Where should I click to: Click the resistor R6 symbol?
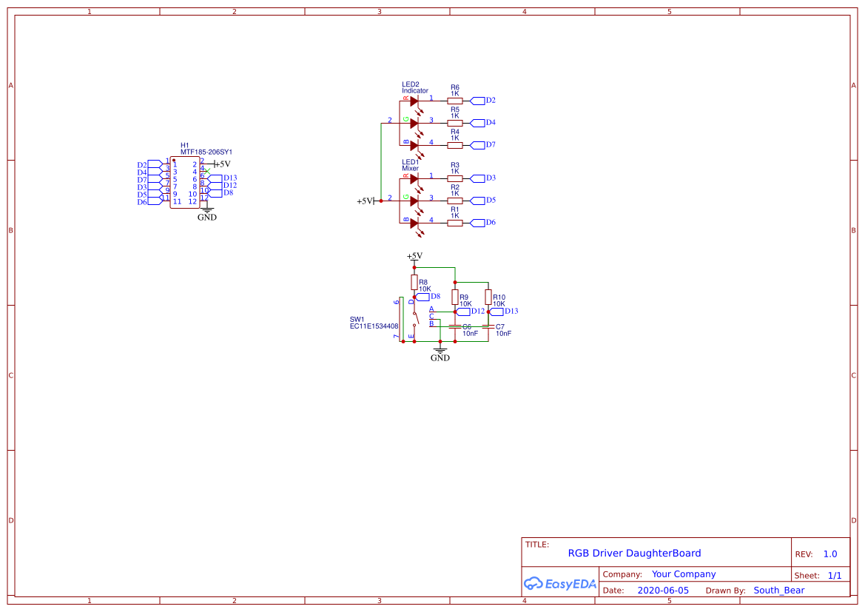click(455, 101)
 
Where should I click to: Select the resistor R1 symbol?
click(455, 223)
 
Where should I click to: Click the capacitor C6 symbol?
click(455, 326)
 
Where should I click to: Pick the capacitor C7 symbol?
click(488, 326)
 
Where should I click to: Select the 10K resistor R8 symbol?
click(414, 282)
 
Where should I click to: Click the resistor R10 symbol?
click(488, 297)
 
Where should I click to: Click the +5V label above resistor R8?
click(414, 256)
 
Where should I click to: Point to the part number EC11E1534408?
click(374, 326)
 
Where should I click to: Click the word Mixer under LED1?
click(410, 169)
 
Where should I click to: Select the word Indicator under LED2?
click(414, 91)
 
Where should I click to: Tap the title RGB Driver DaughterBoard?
click(634, 553)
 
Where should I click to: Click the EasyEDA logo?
click(559, 583)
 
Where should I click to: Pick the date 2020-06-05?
click(662, 591)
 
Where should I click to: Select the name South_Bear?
click(778, 591)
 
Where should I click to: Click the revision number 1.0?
click(829, 554)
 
